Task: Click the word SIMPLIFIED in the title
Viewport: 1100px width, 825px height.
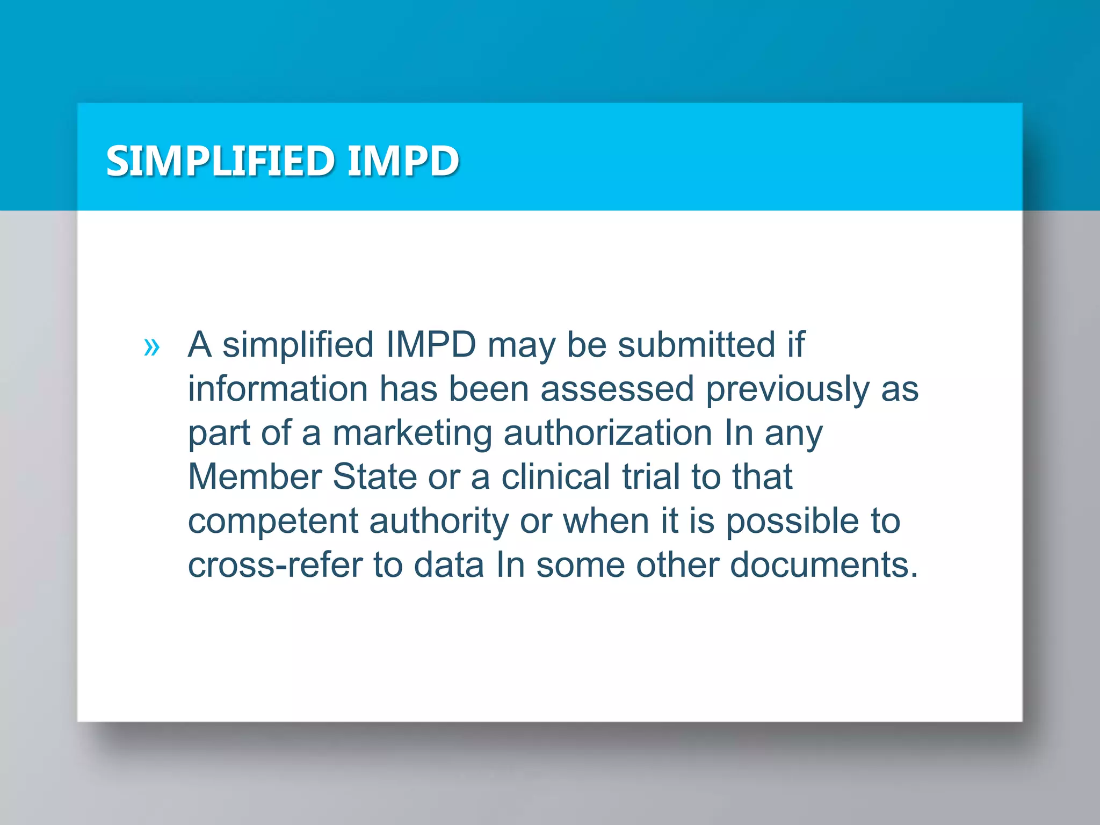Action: point(220,161)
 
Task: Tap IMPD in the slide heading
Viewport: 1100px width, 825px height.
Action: point(403,161)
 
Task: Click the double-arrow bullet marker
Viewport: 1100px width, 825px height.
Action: point(152,347)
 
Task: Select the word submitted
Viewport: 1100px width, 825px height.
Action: point(696,344)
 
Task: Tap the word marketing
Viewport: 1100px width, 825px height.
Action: point(412,433)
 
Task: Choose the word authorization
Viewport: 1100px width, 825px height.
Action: point(607,433)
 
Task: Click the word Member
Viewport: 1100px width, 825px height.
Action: point(254,477)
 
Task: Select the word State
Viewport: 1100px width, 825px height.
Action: point(375,477)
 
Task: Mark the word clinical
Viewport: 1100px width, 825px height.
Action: point(556,477)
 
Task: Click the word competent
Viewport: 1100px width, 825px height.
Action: point(273,522)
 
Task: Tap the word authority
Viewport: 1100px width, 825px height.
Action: point(439,522)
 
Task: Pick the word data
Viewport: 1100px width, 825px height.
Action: point(449,566)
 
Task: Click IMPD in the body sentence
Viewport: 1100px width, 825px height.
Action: point(431,344)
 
